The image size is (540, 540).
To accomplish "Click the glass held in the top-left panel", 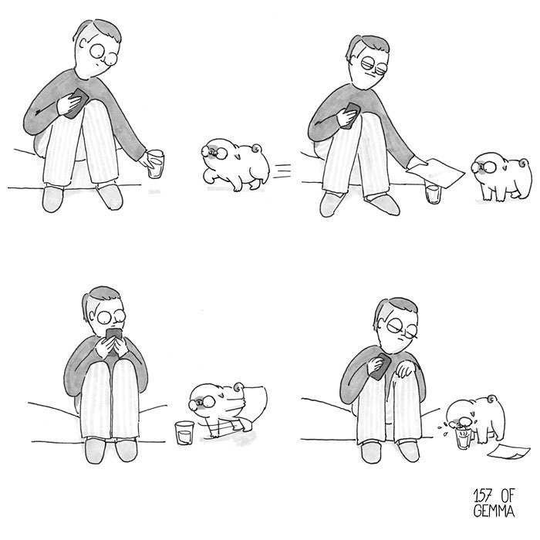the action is pyautogui.click(x=156, y=164).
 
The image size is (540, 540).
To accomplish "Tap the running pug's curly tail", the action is pyautogui.click(x=257, y=149).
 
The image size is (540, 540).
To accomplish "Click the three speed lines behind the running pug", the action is pyautogui.click(x=282, y=171).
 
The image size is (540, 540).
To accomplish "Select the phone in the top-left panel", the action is pyautogui.click(x=76, y=103).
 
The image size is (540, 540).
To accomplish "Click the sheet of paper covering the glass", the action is pyautogui.click(x=436, y=173).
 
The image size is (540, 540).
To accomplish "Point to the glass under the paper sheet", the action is pyautogui.click(x=433, y=194).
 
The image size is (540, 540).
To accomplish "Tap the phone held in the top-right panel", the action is pyautogui.click(x=351, y=116).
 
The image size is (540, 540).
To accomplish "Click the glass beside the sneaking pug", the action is pyautogui.click(x=184, y=433).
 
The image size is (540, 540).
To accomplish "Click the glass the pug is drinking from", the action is pyautogui.click(x=463, y=438).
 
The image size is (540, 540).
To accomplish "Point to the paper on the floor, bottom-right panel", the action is pyautogui.click(x=508, y=451).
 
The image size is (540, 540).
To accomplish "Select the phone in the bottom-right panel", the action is pyautogui.click(x=381, y=366).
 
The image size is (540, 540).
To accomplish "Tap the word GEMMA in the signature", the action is pyautogui.click(x=494, y=511).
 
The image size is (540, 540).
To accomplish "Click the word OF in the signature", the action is pyautogui.click(x=507, y=496).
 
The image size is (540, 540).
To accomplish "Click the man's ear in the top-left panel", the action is pyautogui.click(x=83, y=43).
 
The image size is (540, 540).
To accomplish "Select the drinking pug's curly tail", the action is pyautogui.click(x=492, y=399).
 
